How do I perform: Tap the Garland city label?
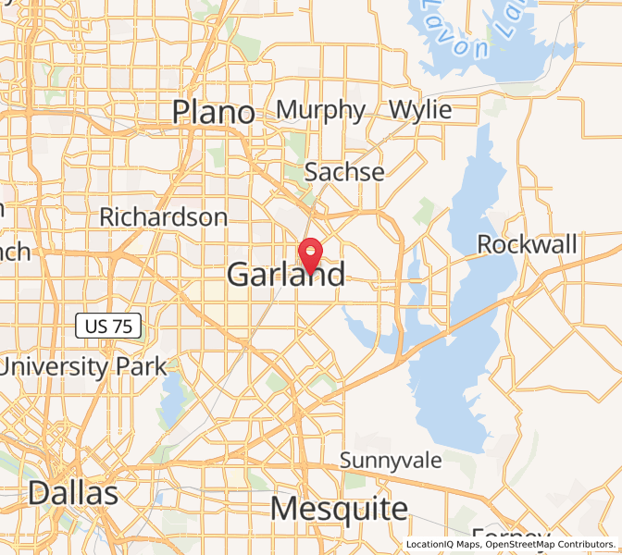pyautogui.click(x=286, y=274)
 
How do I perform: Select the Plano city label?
pyautogui.click(x=214, y=113)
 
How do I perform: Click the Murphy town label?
pyautogui.click(x=320, y=109)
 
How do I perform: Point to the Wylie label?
pyautogui.click(x=420, y=109)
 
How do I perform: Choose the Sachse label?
pyautogui.click(x=344, y=171)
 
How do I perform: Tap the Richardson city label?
pyautogui.click(x=163, y=217)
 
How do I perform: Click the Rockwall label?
pyautogui.click(x=527, y=244)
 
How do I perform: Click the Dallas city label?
pyautogui.click(x=73, y=492)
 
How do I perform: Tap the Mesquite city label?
pyautogui.click(x=339, y=508)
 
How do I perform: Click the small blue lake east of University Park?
pyautogui.click(x=173, y=394)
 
